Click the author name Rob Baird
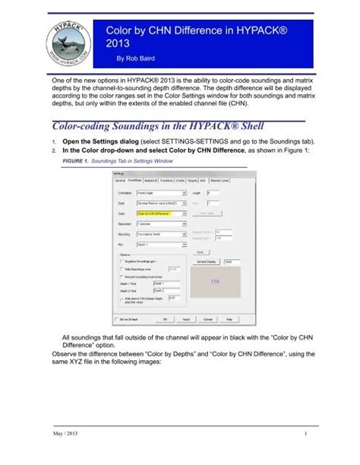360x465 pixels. (x=131, y=57)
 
